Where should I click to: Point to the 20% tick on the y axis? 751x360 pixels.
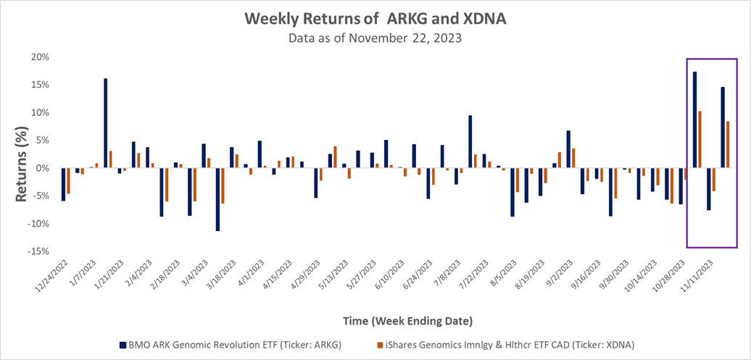click(39, 57)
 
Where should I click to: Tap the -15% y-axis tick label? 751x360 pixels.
click(37, 251)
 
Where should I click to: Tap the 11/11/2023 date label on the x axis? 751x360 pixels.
click(695, 276)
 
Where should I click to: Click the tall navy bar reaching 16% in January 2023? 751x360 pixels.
click(106, 123)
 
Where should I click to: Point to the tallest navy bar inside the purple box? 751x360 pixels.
click(694, 120)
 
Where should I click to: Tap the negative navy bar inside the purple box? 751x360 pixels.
click(709, 189)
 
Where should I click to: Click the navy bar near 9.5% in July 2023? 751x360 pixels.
click(470, 141)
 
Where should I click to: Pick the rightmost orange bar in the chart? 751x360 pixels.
click(728, 144)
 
